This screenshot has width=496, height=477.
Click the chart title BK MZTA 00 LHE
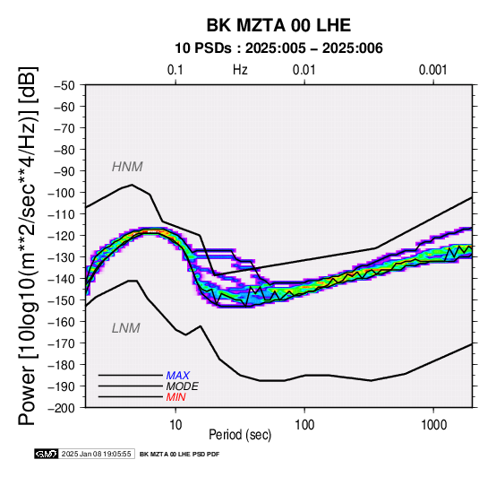tap(278, 25)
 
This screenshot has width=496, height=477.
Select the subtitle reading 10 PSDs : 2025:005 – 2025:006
tap(278, 48)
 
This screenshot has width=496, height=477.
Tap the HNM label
tap(127, 167)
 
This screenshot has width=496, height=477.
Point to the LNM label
tap(126, 328)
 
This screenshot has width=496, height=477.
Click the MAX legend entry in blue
tap(178, 376)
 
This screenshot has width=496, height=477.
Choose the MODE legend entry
tap(183, 386)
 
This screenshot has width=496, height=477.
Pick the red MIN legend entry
tap(175, 397)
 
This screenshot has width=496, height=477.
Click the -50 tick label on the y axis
tap(64, 85)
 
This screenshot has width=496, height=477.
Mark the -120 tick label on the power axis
tap(61, 236)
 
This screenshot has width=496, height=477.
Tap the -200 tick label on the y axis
tap(61, 408)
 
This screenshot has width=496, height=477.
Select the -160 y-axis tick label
tap(61, 322)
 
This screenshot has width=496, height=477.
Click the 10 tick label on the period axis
tap(175, 425)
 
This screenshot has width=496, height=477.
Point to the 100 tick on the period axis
tap(304, 425)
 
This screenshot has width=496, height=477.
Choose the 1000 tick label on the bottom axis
tap(433, 425)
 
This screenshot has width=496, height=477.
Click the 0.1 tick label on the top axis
tap(175, 70)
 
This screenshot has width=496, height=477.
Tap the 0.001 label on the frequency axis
tap(433, 70)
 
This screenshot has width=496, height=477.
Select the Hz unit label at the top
tap(240, 70)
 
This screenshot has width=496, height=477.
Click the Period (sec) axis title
tap(240, 435)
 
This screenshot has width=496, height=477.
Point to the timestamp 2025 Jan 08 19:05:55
tap(96, 454)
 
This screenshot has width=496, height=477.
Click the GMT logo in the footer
tap(47, 454)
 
